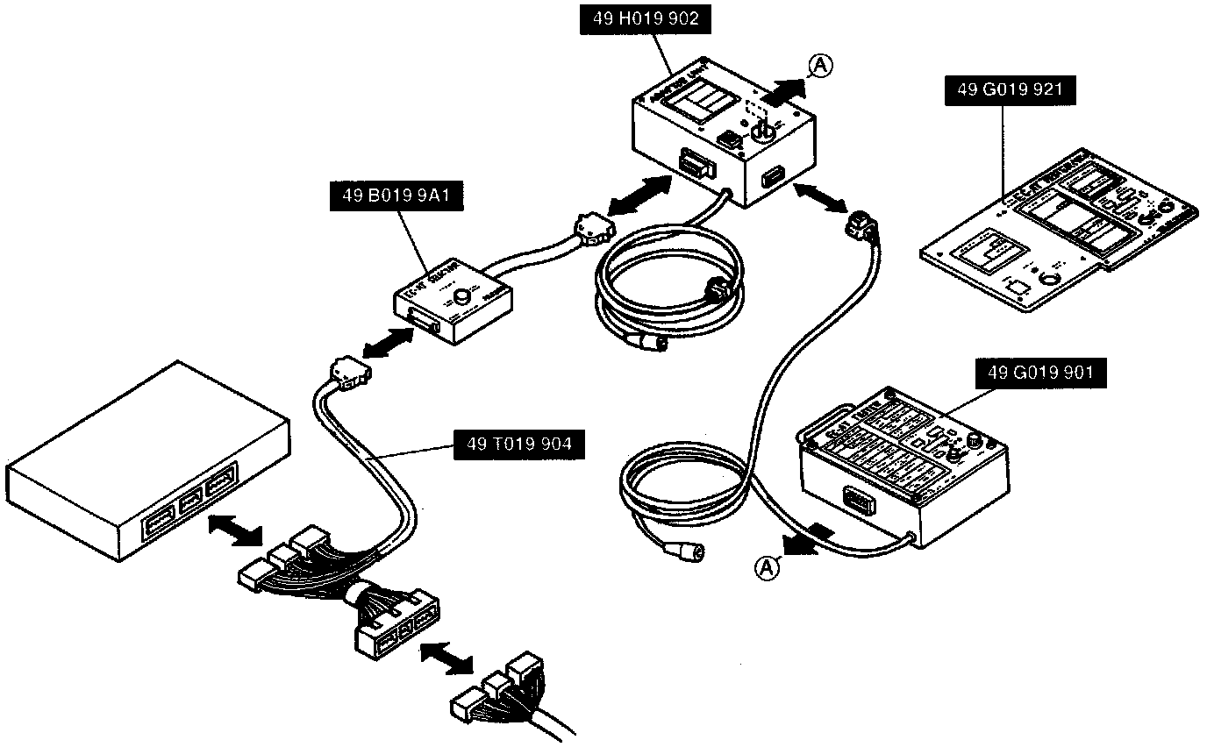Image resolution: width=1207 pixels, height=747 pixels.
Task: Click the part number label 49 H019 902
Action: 639,19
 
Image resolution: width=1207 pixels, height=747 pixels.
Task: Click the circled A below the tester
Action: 767,568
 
